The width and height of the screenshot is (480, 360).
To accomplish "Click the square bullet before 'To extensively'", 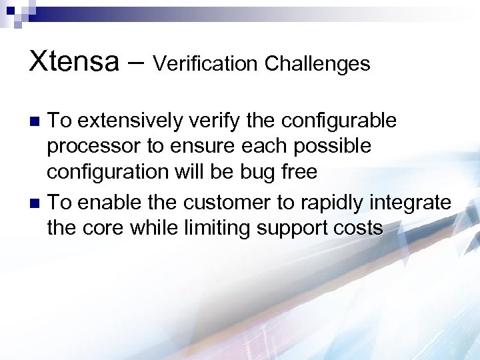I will click(x=37, y=121).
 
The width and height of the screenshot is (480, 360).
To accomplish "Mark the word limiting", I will click(x=215, y=228).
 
